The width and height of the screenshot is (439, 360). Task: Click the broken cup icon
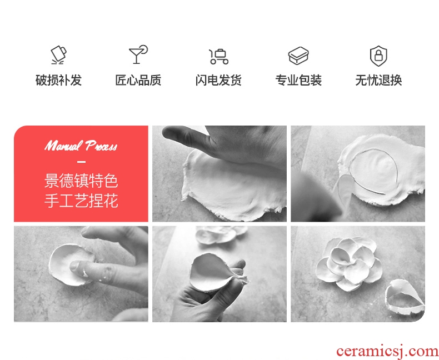coord(58,54)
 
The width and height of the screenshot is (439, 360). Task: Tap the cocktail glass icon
coord(138,54)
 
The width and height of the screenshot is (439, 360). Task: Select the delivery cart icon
coord(218,56)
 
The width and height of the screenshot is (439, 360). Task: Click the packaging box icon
coord(298,56)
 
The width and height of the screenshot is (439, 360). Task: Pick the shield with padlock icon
coord(378,56)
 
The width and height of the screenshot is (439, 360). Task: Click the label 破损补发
coord(58,80)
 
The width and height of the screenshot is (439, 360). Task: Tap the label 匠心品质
coord(138,80)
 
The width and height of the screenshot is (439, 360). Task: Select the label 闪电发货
coord(218,80)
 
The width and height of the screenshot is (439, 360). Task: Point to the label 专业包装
coord(298,80)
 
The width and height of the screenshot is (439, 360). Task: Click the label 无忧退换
coord(378,80)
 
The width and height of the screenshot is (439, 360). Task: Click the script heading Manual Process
coord(81,146)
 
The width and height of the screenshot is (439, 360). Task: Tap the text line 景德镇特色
coord(81,181)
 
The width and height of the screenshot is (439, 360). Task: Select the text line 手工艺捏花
coord(81,201)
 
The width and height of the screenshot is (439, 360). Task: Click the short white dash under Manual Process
coord(81,162)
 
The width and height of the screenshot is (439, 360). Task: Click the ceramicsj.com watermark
coord(387,352)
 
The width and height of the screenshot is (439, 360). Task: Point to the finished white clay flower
coord(350,263)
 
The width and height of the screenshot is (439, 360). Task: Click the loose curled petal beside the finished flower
coord(405,296)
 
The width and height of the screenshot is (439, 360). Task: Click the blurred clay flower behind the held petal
coord(221,234)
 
